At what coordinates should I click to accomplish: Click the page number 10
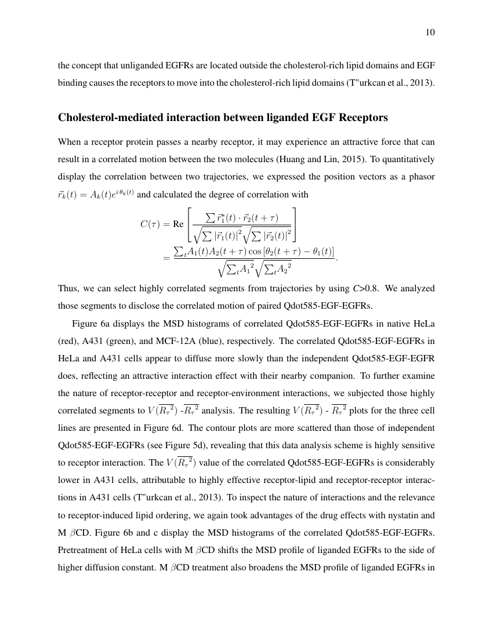point(430,32)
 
